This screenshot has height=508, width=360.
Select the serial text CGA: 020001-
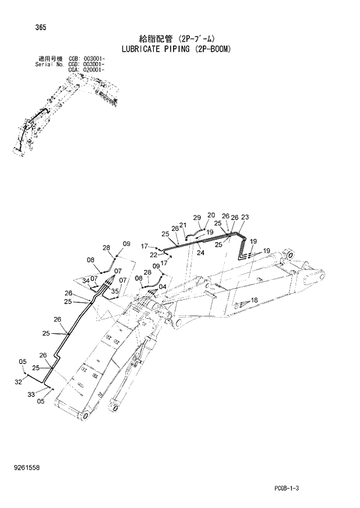point(87,69)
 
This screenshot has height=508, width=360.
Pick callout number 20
point(211,215)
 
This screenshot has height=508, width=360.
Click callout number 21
point(182,225)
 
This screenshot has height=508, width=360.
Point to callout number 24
point(200,253)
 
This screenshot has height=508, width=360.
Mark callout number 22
point(153,254)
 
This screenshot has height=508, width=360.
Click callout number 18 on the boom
point(253,300)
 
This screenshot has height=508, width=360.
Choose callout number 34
point(85,281)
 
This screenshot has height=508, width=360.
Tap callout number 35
point(115,291)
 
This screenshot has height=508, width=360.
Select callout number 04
point(162,286)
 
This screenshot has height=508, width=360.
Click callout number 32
point(18,381)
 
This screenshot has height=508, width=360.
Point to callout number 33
point(31,394)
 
